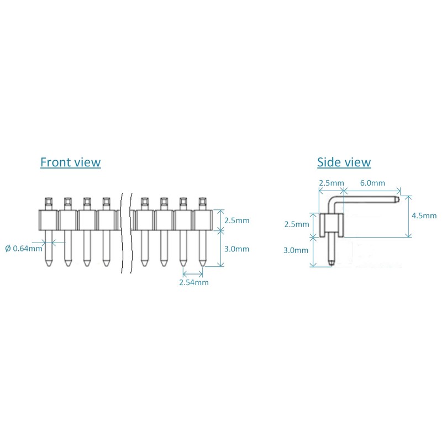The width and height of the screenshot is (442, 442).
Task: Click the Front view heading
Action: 70,162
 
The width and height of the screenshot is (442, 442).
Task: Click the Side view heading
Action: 344,162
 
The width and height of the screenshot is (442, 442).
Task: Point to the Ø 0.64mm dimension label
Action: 24,248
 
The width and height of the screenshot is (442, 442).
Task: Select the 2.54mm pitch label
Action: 193,282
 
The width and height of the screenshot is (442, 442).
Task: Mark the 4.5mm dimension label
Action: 424,215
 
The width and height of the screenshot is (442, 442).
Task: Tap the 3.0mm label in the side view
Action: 296,250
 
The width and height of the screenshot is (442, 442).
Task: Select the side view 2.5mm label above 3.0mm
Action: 296,224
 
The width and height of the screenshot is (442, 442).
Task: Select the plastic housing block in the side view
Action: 331,223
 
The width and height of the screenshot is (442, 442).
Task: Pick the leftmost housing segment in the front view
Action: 48,220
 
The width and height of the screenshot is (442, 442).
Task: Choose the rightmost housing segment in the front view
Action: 202,220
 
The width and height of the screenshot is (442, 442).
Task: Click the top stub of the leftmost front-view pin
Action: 48,202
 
